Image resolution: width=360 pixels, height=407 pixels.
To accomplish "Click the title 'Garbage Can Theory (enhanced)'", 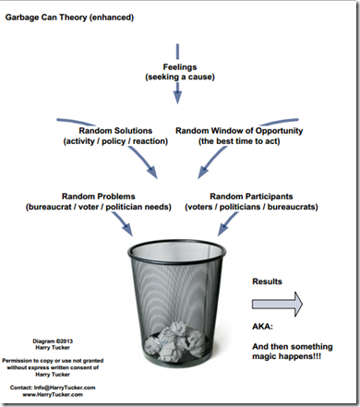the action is [69, 18].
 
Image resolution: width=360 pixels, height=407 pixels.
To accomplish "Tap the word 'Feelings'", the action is [180, 67].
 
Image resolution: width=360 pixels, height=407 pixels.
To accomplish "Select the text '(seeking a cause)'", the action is [180, 77].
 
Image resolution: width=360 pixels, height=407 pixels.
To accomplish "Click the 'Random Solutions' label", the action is [115, 131].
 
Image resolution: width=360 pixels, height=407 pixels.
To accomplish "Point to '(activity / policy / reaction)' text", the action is [115, 141].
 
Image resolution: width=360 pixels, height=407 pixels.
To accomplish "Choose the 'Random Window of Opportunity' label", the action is [239, 131].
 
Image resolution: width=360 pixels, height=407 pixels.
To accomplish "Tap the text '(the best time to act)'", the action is [239, 141].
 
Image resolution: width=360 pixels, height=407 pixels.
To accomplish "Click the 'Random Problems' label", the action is [99, 197].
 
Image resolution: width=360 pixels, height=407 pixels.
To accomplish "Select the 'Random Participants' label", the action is [251, 197].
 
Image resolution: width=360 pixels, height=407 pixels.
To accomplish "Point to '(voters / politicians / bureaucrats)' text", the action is [251, 207].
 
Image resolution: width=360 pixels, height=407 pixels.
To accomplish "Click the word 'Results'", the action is [267, 281].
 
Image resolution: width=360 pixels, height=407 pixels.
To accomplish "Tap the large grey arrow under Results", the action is [277, 305].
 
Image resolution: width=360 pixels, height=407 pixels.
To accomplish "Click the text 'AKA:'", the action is [262, 326].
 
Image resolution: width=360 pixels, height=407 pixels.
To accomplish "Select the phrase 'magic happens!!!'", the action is [286, 356].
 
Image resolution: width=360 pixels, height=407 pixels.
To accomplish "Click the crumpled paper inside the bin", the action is [176, 341].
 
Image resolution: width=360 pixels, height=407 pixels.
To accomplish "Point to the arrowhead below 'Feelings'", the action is [177, 97].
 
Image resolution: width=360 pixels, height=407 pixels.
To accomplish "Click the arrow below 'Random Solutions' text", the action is [144, 162].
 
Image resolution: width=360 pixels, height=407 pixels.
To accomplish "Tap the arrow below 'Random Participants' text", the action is [228, 224].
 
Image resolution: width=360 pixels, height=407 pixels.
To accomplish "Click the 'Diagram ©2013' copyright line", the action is [53, 341].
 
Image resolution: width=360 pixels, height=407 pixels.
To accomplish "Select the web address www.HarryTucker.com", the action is [53, 394].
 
